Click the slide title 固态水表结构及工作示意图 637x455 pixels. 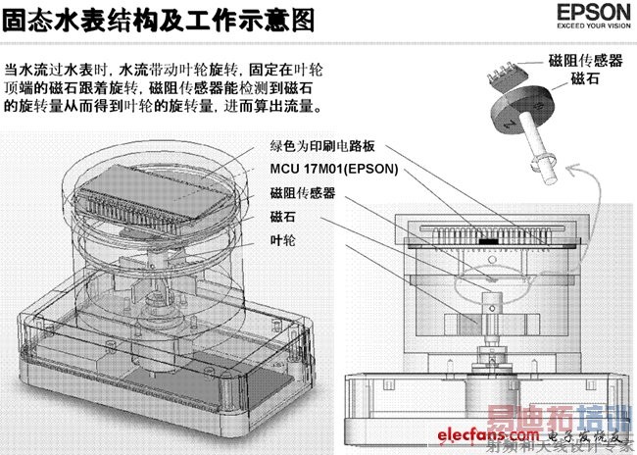161,20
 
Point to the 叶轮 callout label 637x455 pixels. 279,240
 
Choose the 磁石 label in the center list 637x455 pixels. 279,218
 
